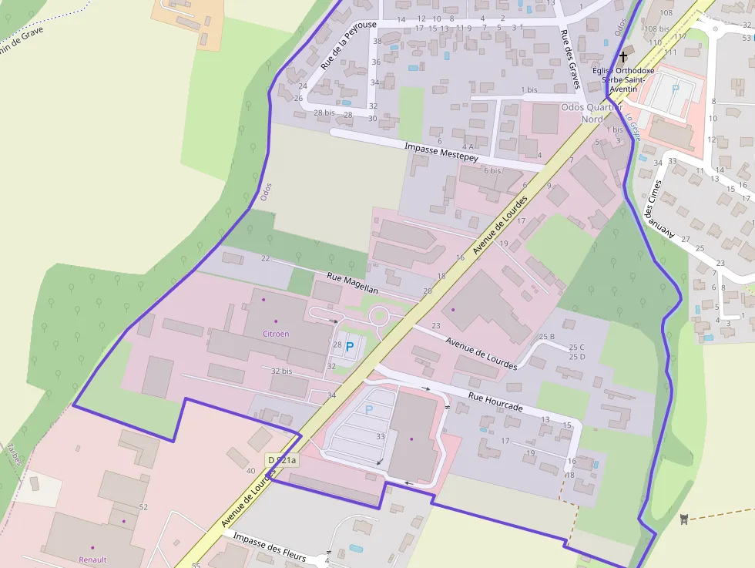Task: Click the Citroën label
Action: tap(276, 334)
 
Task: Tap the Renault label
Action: tap(92, 560)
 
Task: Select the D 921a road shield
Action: tap(282, 460)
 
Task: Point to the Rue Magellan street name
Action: tap(352, 283)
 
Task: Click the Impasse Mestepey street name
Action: tap(441, 151)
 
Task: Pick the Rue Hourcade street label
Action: tap(495, 402)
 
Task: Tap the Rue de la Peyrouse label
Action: tap(348, 45)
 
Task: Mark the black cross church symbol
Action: tap(623, 57)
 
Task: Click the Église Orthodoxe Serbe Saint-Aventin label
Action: tap(623, 79)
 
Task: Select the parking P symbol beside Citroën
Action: tap(350, 348)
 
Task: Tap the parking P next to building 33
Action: tap(368, 409)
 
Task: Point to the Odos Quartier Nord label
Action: tap(592, 113)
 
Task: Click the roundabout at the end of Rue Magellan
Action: tap(379, 316)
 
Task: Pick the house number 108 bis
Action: tap(656, 29)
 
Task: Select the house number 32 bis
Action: tap(281, 371)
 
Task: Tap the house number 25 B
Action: tap(546, 337)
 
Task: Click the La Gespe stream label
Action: tap(634, 128)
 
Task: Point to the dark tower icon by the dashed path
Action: tap(683, 518)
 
